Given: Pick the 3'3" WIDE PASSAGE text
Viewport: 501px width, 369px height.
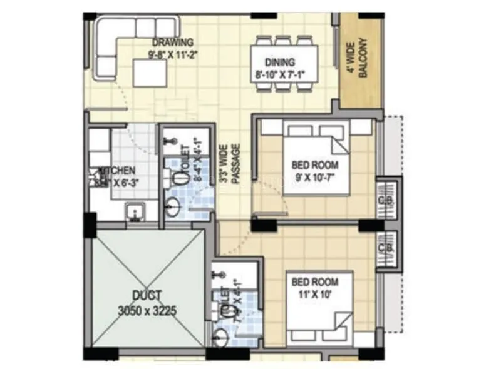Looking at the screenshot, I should (x=229, y=164).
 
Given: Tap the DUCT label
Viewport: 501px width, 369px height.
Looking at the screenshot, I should (x=148, y=295).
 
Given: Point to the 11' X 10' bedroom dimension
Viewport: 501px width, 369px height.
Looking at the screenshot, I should (x=315, y=292).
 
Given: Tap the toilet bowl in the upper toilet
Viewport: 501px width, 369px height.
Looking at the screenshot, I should (x=181, y=178).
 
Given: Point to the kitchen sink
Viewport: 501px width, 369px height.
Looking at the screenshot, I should (x=134, y=214).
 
